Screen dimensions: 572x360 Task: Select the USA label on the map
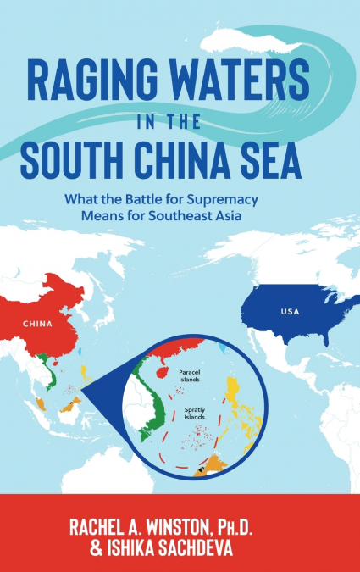[290, 312]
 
